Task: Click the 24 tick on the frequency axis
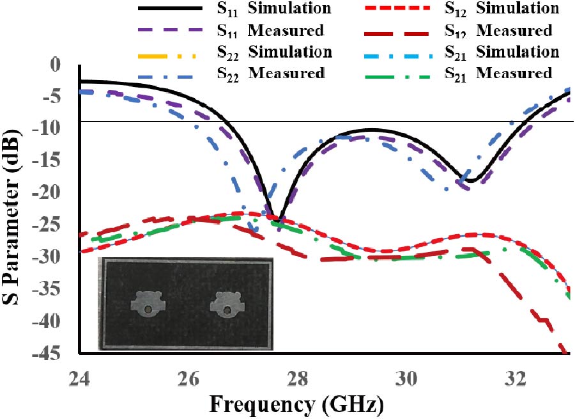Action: [x=79, y=379]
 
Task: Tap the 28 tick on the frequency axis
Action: [x=298, y=379]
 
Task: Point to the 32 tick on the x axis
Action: [x=516, y=379]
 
